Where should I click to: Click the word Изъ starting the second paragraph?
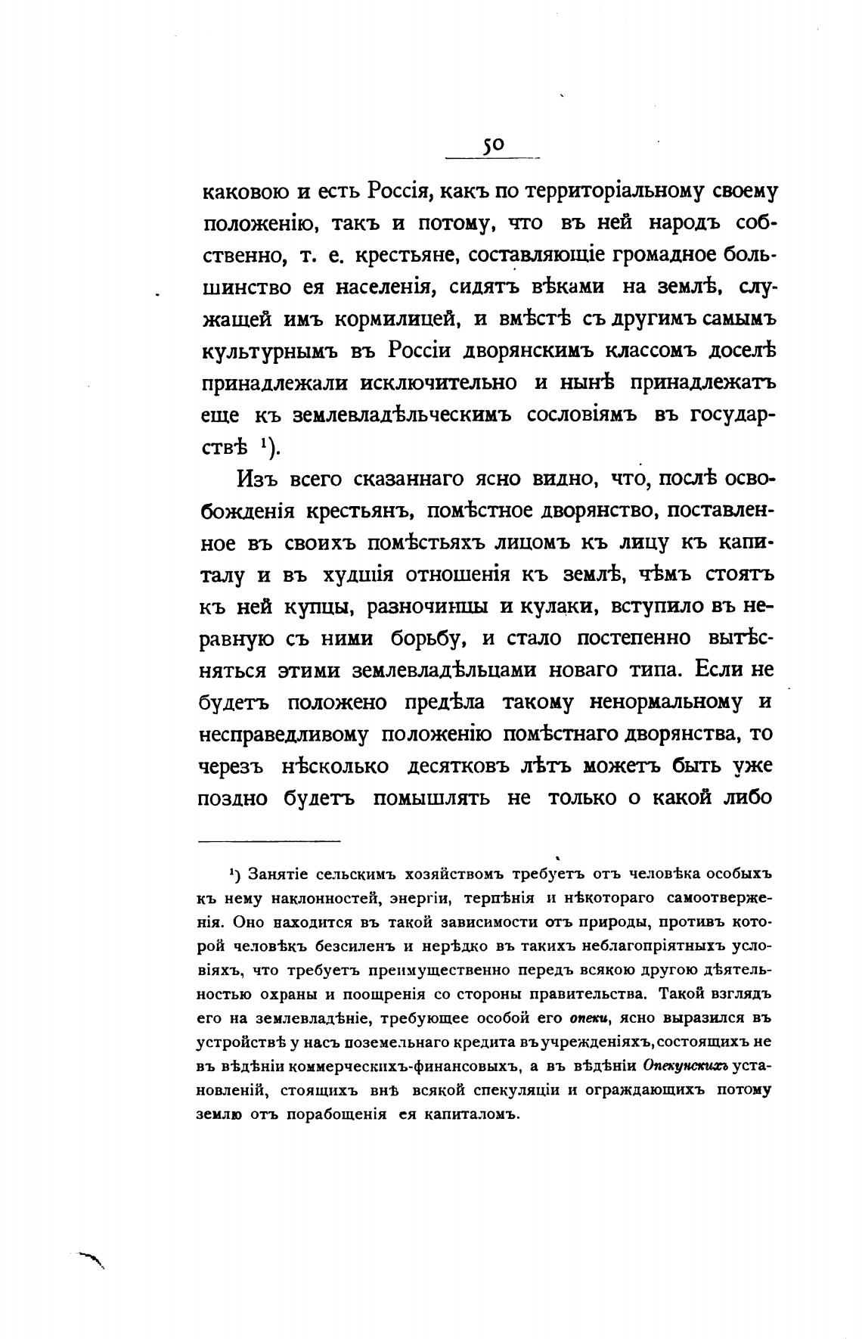coord(262,480)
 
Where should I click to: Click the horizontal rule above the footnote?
coord(269,840)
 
